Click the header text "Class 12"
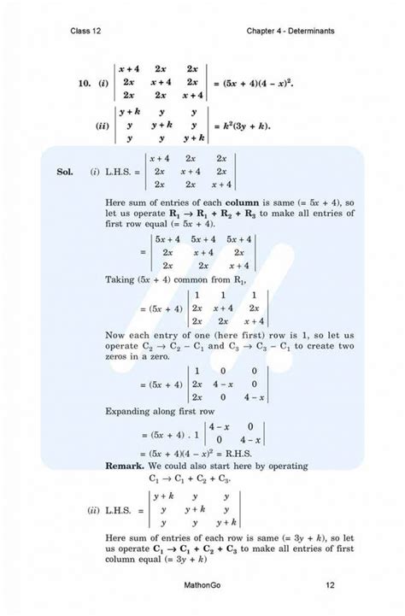[x=88, y=31]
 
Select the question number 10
[x=82, y=84]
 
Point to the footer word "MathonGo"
[x=202, y=585]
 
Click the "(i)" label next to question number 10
[x=105, y=84]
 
